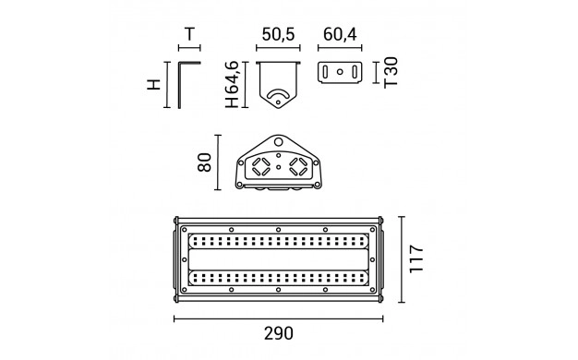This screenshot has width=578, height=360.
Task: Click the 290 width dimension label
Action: pos(279,333)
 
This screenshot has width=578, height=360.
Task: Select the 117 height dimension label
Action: pos(416,258)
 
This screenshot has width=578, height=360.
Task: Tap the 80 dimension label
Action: pos(205,162)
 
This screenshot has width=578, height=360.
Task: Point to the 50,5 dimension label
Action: pos(278,34)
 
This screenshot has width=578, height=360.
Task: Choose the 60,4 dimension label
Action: pos(340,34)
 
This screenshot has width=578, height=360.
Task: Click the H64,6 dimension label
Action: pos(233,84)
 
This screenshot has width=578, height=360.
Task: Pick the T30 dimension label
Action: pos(391,72)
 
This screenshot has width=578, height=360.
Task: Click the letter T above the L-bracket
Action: pos(189,34)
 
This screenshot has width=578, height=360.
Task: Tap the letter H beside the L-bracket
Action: pos(154,84)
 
